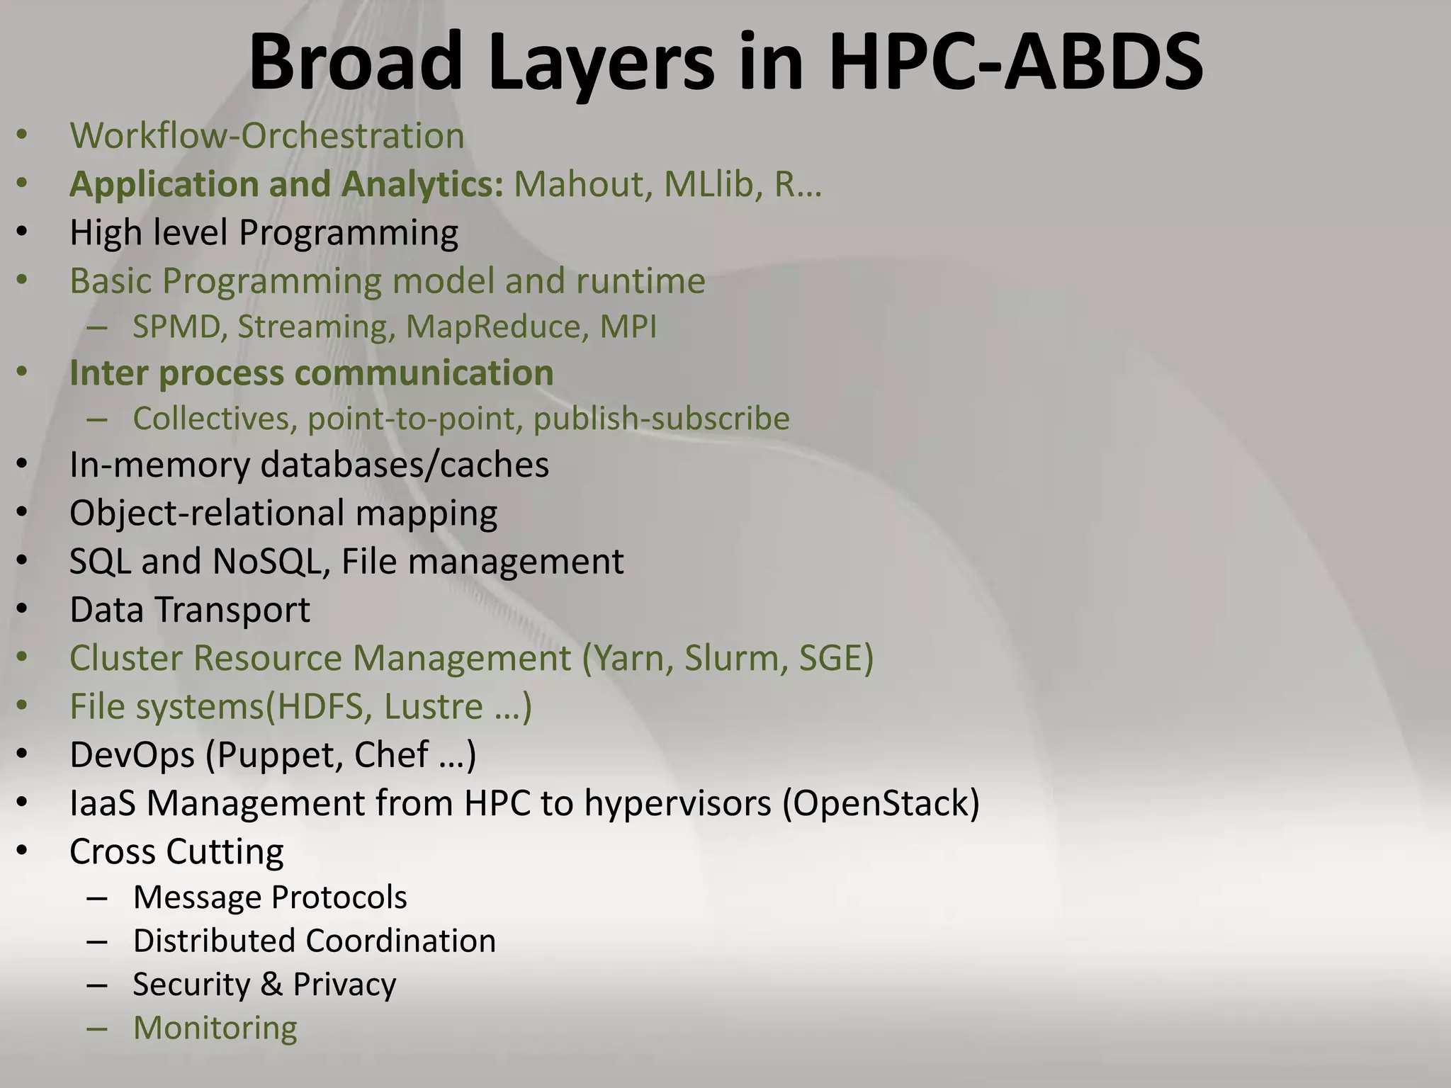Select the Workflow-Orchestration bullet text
click(267, 136)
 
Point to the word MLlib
click(713, 184)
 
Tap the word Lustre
click(434, 707)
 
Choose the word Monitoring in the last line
click(215, 1028)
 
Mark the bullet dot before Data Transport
click(22, 610)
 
